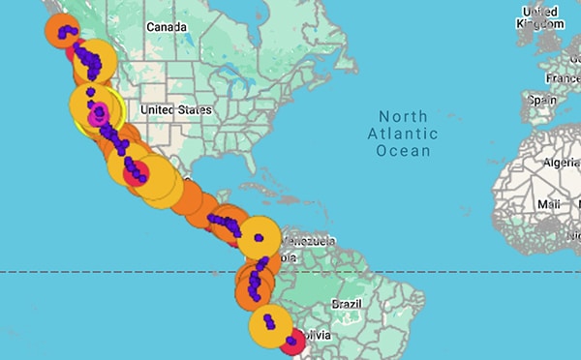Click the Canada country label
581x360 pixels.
[167, 28]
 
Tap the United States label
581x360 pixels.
[175, 110]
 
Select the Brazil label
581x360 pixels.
[346, 303]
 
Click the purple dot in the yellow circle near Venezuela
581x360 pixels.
[259, 237]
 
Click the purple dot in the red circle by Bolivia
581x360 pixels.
[294, 340]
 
